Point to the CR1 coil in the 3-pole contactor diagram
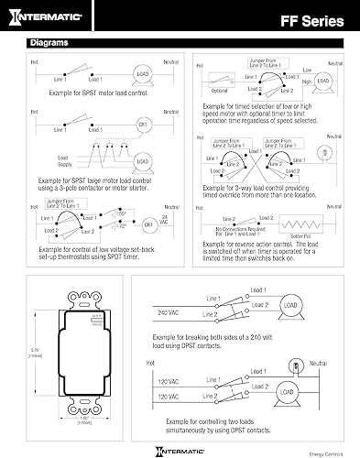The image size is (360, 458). point(142,122)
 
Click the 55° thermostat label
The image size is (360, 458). point(120,213)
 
